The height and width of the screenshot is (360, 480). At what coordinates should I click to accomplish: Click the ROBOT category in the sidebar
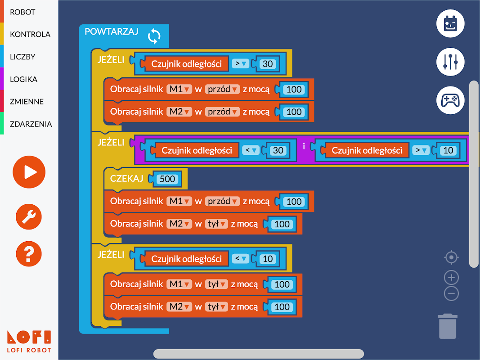(x=22, y=12)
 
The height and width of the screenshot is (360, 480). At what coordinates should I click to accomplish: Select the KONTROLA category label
(x=30, y=34)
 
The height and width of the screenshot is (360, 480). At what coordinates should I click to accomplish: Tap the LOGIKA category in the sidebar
(x=23, y=79)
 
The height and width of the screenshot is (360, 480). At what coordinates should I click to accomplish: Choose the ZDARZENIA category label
(x=31, y=124)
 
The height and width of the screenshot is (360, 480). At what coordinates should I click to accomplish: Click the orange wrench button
(x=29, y=217)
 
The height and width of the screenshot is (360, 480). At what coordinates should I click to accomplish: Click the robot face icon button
(x=450, y=24)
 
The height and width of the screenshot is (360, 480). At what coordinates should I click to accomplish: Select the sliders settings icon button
(x=450, y=62)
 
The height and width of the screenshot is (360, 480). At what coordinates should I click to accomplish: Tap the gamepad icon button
(x=450, y=100)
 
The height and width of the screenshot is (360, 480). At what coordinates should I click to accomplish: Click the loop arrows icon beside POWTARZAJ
(x=154, y=36)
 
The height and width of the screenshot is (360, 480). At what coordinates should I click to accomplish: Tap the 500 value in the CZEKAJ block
(x=167, y=179)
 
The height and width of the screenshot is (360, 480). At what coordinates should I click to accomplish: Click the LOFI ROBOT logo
(x=29, y=342)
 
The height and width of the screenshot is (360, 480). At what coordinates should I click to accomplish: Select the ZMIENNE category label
(x=27, y=102)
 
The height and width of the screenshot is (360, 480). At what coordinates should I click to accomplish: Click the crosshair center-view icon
(x=451, y=257)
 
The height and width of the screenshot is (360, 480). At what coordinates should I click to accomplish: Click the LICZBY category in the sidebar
(x=22, y=57)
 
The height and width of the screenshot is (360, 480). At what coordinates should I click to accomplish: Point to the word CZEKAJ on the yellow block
(x=126, y=179)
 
